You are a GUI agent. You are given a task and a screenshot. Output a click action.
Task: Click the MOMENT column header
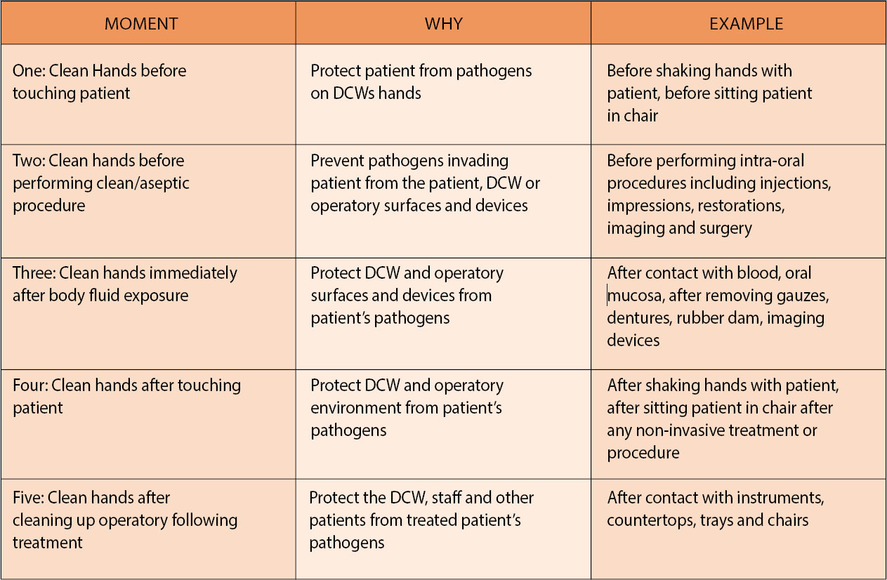141,24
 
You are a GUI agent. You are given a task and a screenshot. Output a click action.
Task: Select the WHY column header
444,24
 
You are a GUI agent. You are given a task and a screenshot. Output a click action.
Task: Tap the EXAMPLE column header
746,24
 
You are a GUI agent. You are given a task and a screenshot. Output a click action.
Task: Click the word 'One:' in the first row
29,71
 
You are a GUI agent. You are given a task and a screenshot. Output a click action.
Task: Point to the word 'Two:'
29,161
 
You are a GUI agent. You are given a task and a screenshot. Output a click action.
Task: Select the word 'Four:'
30,385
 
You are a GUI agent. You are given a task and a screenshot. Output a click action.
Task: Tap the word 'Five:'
29,498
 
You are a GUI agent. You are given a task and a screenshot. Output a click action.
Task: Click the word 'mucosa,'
635,296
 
